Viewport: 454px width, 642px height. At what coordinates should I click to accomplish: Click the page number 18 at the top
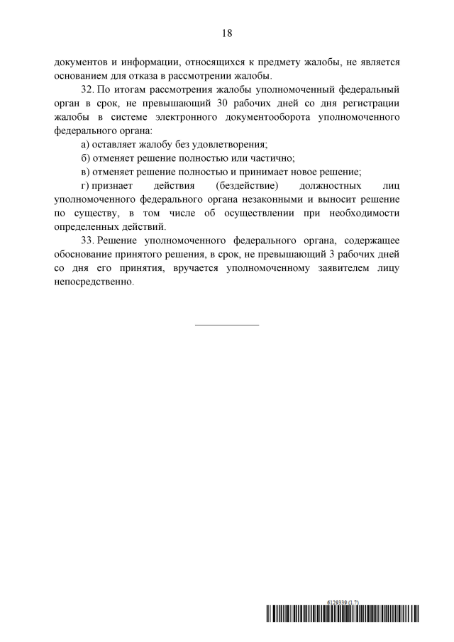(x=227, y=33)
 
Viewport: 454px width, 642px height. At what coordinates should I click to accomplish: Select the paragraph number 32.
(x=89, y=90)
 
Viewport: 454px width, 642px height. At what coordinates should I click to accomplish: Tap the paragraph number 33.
(x=89, y=240)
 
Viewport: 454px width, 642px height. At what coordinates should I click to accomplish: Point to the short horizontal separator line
(x=227, y=325)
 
